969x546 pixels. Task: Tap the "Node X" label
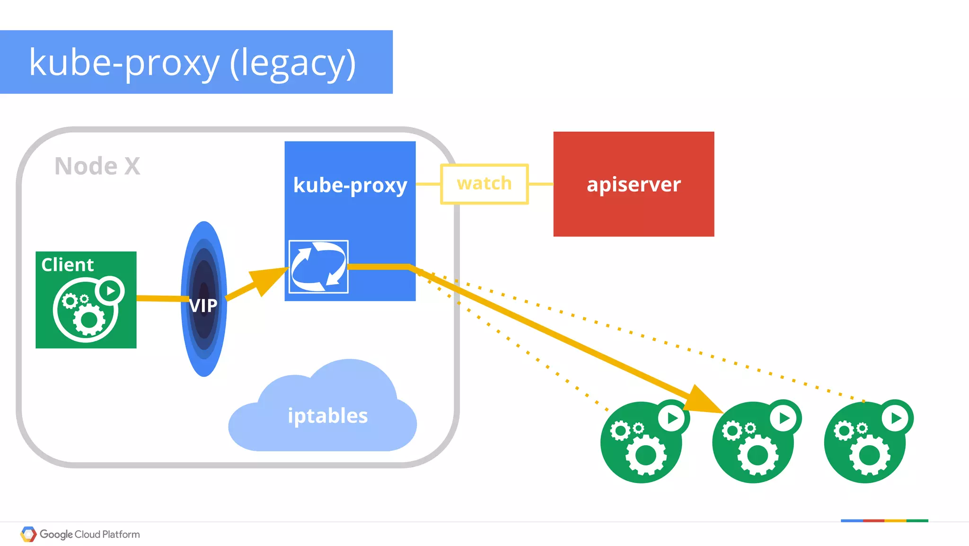[97, 166]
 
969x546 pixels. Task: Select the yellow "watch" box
[484, 184]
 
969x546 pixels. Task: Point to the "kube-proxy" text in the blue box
[350, 185]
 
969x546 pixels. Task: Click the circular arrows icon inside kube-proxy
[318, 267]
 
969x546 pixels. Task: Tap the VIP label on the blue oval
[203, 305]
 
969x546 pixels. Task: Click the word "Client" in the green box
[68, 265]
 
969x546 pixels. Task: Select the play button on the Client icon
[110, 290]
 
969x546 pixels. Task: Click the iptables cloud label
[327, 416]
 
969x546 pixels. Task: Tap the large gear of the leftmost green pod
[646, 455]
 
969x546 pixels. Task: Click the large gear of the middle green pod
[758, 455]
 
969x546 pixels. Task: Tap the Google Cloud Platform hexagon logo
[28, 534]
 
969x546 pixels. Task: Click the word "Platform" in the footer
[121, 534]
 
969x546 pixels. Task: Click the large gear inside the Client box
[89, 320]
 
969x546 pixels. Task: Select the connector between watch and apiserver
[541, 184]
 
